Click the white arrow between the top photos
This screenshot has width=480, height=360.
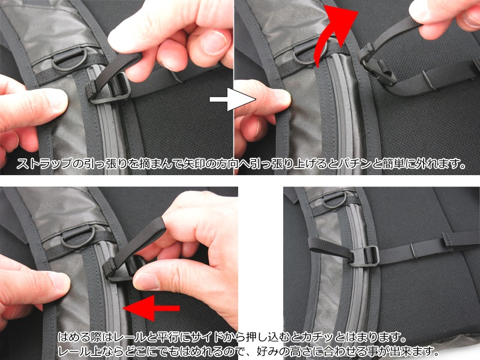point(233,99)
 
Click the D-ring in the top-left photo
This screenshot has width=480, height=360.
point(69,59)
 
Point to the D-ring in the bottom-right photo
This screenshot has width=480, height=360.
point(336,200)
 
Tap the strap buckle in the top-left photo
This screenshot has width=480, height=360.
point(110,89)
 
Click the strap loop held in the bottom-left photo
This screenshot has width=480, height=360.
point(134,245)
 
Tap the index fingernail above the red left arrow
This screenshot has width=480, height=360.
point(147,281)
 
